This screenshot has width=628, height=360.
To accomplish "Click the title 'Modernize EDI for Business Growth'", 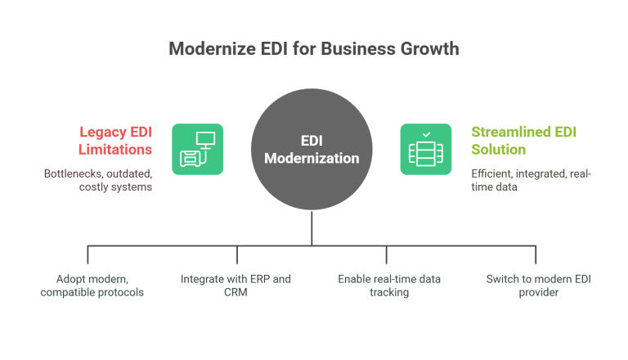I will (x=314, y=49).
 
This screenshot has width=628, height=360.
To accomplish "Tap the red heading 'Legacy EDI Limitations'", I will (x=115, y=140).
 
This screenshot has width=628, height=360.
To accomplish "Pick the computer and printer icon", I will (x=197, y=149).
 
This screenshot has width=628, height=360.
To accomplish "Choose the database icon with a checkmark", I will (x=425, y=149).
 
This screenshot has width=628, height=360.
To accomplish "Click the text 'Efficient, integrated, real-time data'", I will (x=532, y=180).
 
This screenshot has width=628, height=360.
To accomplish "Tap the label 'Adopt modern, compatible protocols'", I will (x=92, y=286).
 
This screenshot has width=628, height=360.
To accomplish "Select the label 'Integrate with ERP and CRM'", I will (x=235, y=286).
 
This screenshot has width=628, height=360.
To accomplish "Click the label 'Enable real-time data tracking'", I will (x=389, y=286).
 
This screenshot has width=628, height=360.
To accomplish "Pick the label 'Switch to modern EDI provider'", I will (x=537, y=286).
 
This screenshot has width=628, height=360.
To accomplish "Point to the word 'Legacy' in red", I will (x=101, y=131).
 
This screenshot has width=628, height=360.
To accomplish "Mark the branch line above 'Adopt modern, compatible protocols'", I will (x=88, y=254).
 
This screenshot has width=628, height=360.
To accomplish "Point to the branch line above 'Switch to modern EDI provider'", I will (x=536, y=254).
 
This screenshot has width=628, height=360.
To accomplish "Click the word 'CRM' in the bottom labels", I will (x=235, y=292).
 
